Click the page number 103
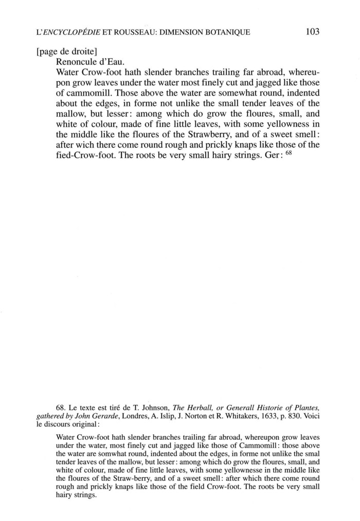(312, 32)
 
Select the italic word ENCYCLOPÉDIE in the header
(70, 32)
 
